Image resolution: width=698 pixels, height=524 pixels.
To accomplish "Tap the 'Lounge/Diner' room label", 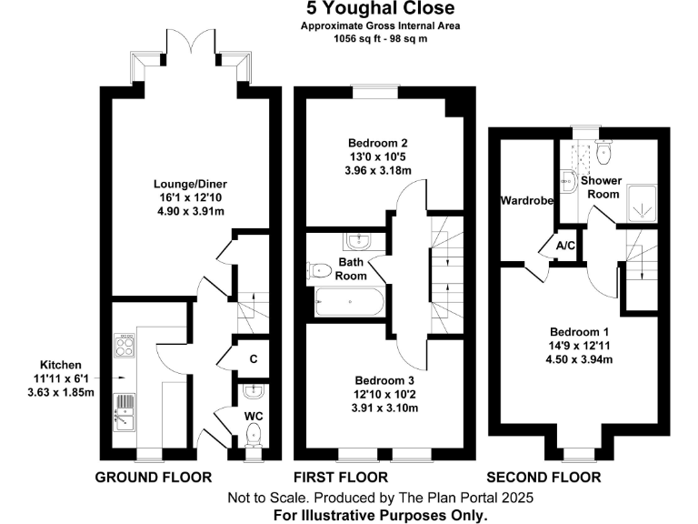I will coord(189,184).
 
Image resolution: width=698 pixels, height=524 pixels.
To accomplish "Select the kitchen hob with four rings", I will coord(125,347).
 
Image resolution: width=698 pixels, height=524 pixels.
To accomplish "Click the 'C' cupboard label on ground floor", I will coord(254,359).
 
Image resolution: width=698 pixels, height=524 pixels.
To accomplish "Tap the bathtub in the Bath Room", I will coord(350,301).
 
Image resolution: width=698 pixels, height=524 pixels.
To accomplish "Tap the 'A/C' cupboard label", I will coord(564,246).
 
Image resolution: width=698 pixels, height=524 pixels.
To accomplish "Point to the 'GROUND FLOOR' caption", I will coord(154,477).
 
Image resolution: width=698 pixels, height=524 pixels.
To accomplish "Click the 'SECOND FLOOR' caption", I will coord(543,477).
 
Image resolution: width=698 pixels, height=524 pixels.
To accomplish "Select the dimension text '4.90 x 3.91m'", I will coord(189,211).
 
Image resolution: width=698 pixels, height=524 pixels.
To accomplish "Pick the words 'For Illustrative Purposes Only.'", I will coord(381,514).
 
